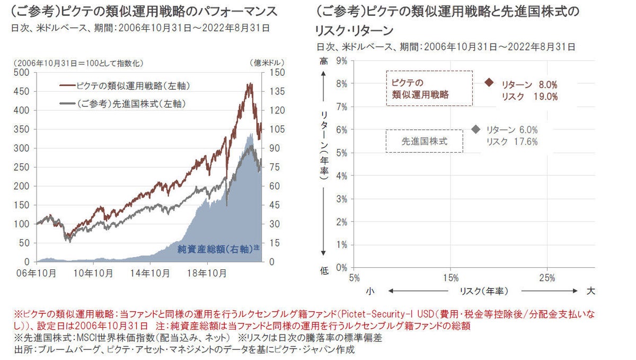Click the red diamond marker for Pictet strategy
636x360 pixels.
pos(489,83)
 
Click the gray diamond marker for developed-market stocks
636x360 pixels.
pos(475,129)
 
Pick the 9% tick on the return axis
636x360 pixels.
pos(341,61)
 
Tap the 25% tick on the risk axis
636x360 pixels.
pos(547,277)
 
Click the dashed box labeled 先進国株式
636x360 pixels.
pos(424,141)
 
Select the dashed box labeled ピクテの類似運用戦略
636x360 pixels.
pos(429,89)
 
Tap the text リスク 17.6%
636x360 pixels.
pos(512,142)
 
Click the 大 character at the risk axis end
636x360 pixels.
pos(591,291)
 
